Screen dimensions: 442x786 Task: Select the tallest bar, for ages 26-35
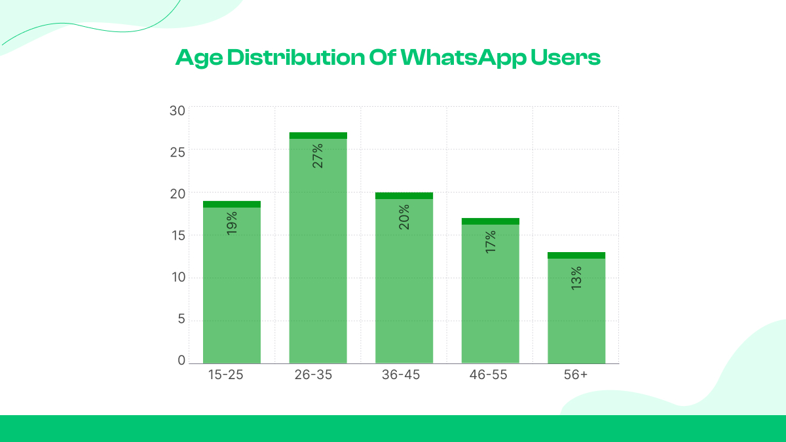point(318,262)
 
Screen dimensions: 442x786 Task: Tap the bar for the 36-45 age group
point(404,288)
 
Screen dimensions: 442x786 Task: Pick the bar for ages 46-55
point(491,301)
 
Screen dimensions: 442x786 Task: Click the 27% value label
point(318,156)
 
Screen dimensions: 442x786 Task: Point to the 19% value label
point(232,223)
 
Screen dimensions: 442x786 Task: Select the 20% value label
point(404,216)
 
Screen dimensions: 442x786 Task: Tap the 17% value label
point(491,241)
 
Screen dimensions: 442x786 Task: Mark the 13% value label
point(576,278)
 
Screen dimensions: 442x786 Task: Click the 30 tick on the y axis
point(178,111)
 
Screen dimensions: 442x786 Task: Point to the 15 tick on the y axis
point(178,235)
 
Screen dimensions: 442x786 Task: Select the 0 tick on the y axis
point(181,360)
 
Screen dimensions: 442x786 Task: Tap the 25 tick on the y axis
point(178,152)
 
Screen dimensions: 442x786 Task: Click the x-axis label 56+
point(576,375)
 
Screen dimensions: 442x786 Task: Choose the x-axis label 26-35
point(318,375)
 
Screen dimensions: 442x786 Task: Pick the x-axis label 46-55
point(490,375)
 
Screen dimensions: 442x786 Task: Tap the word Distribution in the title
point(295,58)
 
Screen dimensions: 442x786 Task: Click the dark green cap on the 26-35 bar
point(318,136)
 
